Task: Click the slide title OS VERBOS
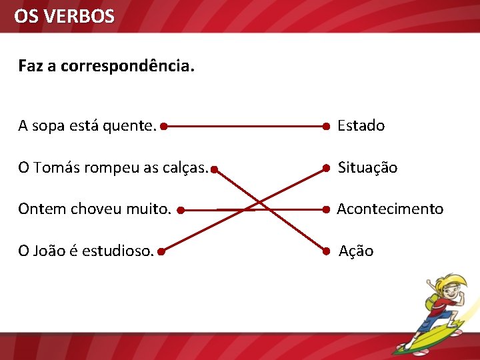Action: (64, 16)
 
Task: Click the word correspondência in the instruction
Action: (127, 67)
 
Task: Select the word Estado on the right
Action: (361, 125)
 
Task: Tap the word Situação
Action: (367, 168)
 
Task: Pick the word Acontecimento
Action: (390, 209)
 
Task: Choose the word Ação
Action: (356, 251)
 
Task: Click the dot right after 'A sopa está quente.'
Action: (163, 125)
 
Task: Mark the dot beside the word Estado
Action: (326, 125)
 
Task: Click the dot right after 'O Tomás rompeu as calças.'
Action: (214, 169)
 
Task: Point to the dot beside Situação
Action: (326, 168)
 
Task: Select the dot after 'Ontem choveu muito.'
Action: (181, 210)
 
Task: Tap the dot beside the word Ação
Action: (326, 251)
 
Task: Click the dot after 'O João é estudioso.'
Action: (162, 251)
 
